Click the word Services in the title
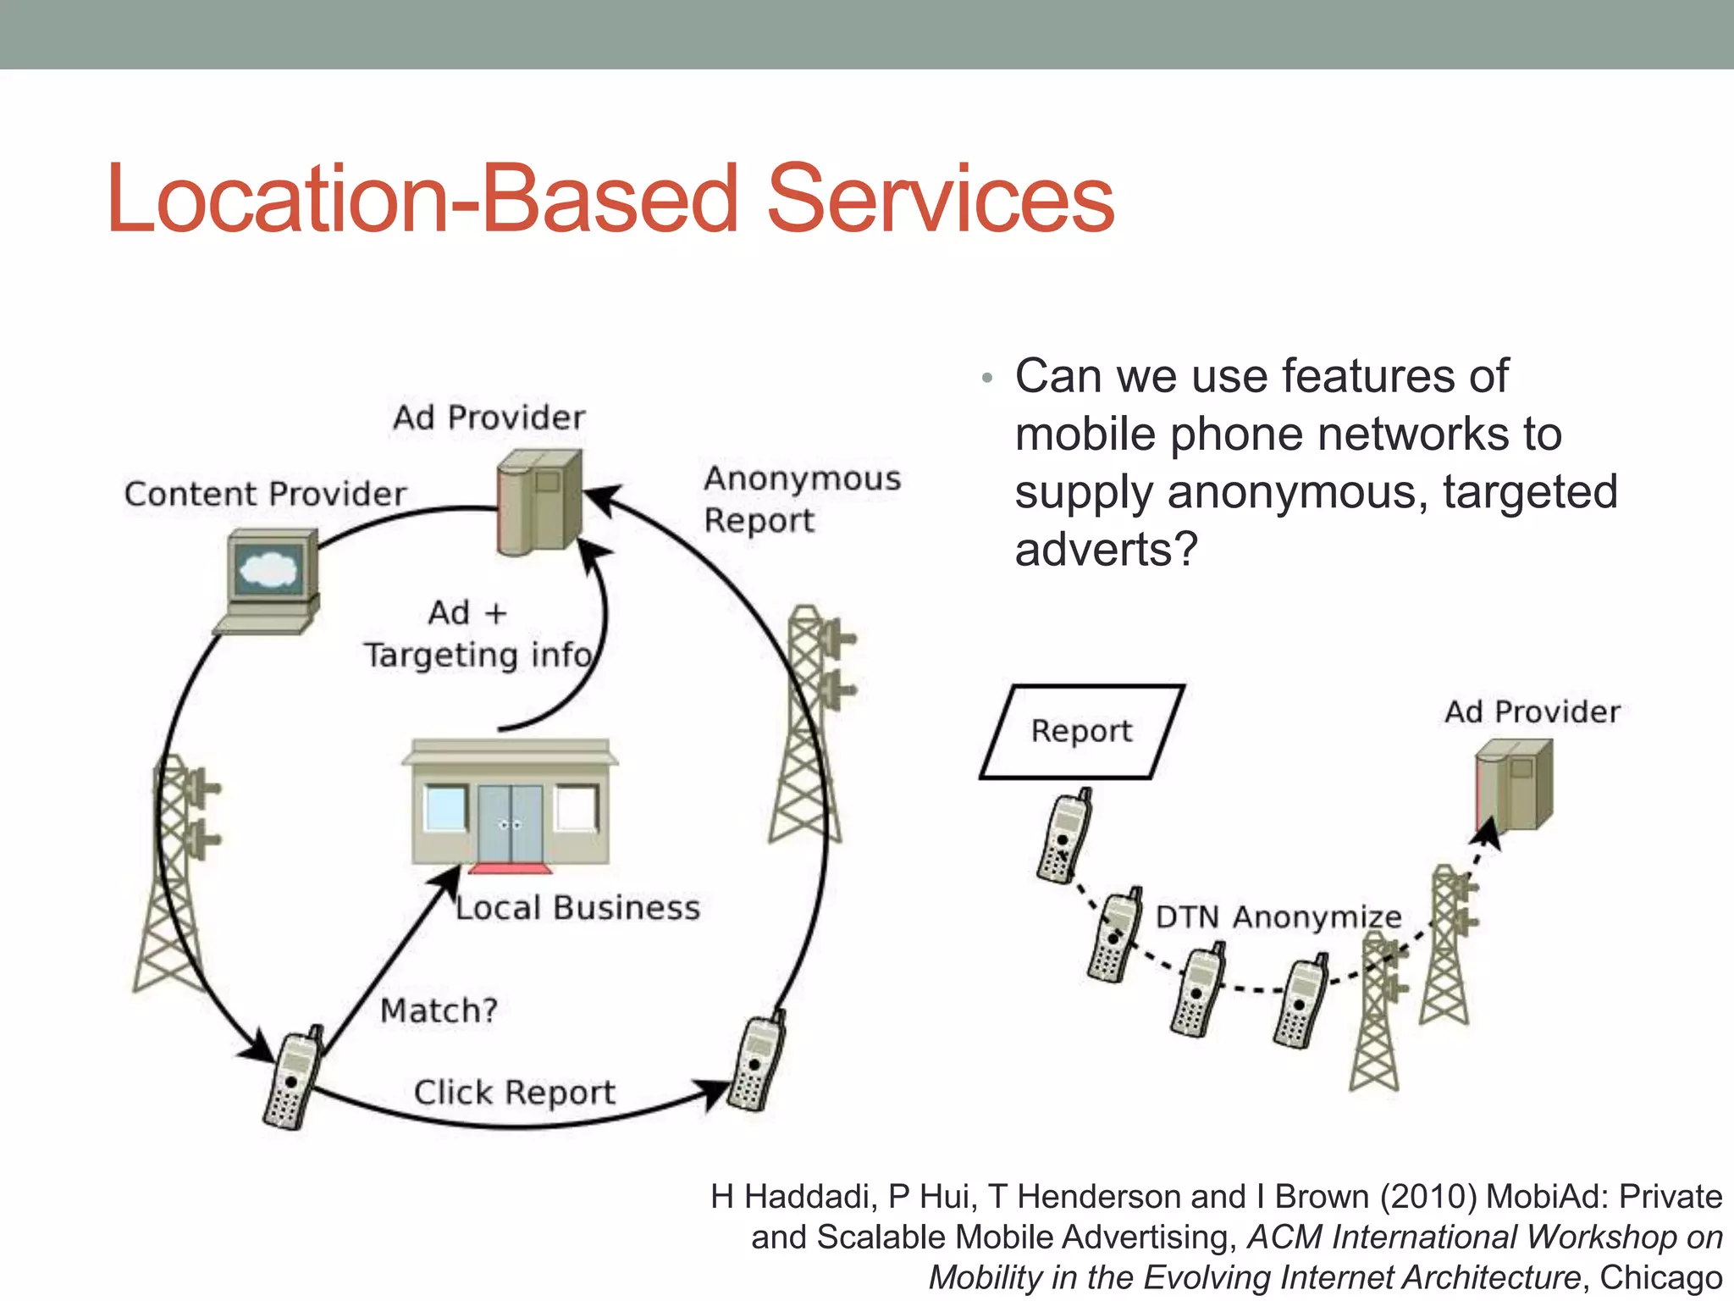pos(940,199)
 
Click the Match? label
pos(439,1010)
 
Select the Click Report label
pos(514,1093)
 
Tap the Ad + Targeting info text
pos(476,634)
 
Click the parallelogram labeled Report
pos(1081,731)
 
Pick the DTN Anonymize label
pos(1278,917)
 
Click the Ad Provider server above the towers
pos(1513,784)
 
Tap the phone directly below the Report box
pos(1064,837)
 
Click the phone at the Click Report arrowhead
pos(757,1062)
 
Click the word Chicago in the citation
pos(1660,1277)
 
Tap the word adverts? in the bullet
pos(1106,550)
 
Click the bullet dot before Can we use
pos(986,378)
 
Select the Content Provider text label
pos(265,494)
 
